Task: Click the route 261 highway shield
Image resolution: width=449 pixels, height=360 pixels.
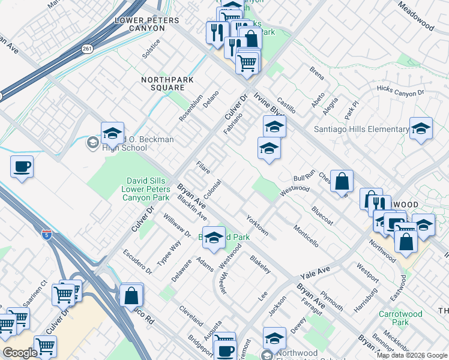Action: pos(88,49)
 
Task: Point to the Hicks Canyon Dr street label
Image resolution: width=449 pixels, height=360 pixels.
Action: pos(400,91)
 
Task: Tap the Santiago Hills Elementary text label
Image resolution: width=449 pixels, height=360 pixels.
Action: pos(361,129)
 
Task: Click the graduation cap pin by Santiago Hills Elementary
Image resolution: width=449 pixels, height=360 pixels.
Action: pos(421,128)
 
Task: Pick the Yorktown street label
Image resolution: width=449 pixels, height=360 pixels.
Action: pos(257,224)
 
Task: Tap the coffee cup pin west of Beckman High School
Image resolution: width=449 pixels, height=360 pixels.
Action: pos(22,167)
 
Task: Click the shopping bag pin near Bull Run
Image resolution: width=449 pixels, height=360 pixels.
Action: pos(342,182)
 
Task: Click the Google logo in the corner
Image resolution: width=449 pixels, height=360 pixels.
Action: pos(20,353)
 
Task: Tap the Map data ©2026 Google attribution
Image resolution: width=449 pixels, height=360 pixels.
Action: pos(412,355)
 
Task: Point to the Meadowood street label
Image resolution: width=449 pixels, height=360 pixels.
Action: pos(415,16)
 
